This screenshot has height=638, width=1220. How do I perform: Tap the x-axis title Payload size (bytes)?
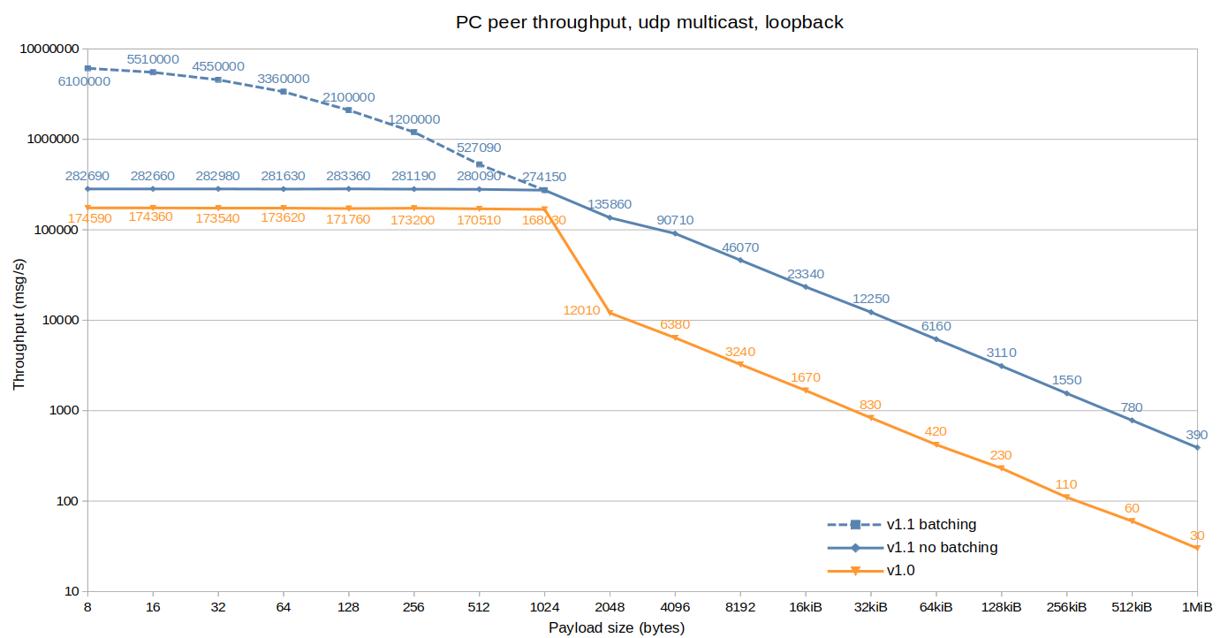[x=617, y=627]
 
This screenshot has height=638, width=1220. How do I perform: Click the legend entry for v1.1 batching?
[x=931, y=524]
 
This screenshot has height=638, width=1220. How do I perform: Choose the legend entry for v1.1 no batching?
[x=942, y=547]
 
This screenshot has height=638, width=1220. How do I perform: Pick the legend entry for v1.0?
[x=900, y=571]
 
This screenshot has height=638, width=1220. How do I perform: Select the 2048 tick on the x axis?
[x=610, y=607]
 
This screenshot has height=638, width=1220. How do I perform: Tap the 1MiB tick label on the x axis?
[x=1197, y=607]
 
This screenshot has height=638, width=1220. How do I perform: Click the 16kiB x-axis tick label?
[x=806, y=607]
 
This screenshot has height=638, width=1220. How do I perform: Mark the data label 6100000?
[x=84, y=81]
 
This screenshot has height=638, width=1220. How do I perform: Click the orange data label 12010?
[x=581, y=310]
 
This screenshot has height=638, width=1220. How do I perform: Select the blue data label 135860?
[x=610, y=203]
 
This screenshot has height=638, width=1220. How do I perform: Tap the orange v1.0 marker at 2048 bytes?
[x=610, y=313]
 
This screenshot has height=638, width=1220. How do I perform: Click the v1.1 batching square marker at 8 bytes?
[x=87, y=68]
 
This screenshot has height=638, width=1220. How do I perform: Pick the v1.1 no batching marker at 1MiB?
[x=1197, y=447]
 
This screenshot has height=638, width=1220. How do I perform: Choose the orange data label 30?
[x=1197, y=535]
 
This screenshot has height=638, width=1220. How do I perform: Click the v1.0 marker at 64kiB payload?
[x=936, y=444]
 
